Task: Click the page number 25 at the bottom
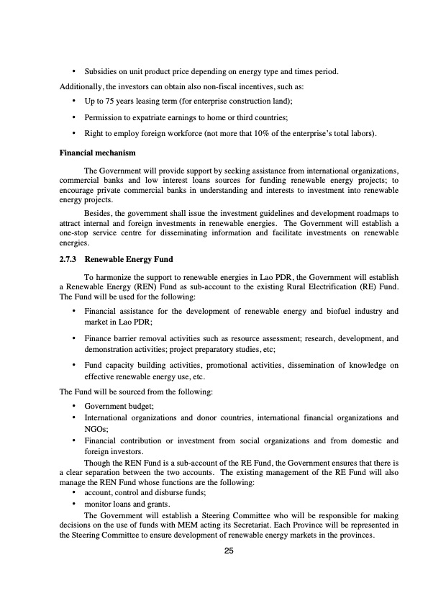tap(229, 551)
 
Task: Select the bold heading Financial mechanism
tap(95, 153)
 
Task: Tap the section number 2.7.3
tap(69, 258)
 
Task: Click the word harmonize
tap(113, 277)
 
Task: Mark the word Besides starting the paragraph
tap(100, 214)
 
